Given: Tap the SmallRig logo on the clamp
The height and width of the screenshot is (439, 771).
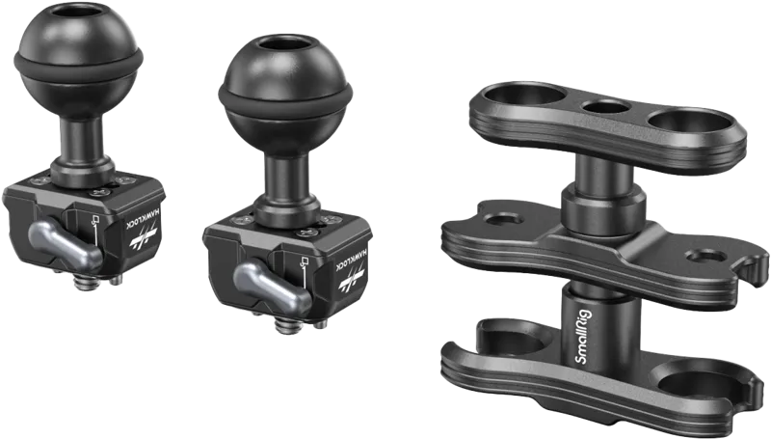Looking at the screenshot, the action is point(584,337).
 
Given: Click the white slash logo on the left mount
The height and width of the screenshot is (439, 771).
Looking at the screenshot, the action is point(143,236).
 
